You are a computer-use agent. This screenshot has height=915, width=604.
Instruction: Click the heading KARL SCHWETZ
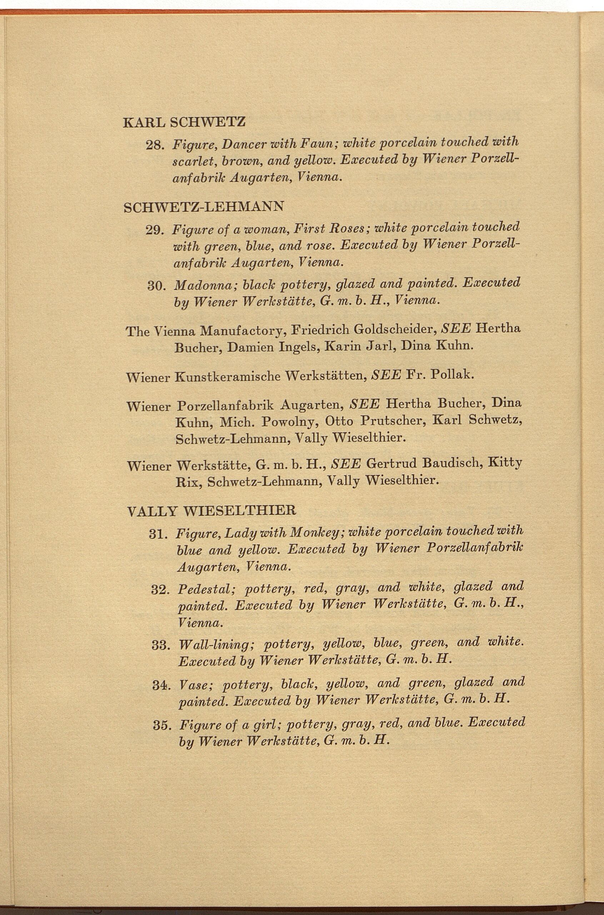pos(184,122)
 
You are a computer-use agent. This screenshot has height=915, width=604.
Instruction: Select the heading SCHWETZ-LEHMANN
pos(204,207)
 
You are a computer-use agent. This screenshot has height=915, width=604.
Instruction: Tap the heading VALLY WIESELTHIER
pos(211,511)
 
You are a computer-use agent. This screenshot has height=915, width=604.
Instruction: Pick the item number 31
pos(158,534)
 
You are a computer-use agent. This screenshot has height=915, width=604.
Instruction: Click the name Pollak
pos(453,374)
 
